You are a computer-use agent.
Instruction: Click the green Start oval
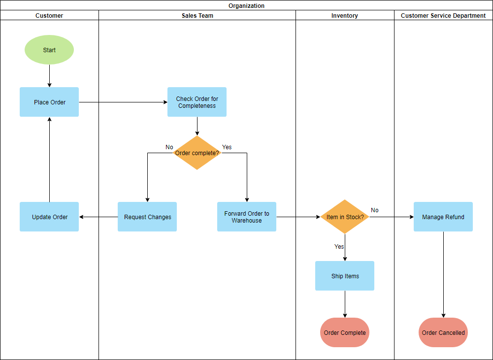point(49,50)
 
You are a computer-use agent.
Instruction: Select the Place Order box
point(49,102)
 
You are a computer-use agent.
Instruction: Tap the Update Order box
point(49,217)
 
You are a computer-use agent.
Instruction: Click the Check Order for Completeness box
point(197,102)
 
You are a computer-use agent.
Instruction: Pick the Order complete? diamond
point(197,153)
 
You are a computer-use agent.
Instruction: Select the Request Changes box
point(147,217)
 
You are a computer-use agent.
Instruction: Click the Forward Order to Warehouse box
point(247,217)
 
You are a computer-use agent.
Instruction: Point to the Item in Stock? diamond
point(345,217)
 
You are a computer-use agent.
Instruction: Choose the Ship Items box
point(345,276)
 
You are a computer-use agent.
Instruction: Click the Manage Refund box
point(443,217)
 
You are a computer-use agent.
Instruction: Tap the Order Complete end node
point(345,332)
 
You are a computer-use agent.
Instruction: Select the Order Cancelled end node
point(443,332)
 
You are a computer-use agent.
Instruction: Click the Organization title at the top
point(246,6)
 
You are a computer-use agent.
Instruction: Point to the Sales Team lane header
point(197,16)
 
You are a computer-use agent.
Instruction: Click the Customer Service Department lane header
point(443,16)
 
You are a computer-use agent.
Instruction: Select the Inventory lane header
point(345,16)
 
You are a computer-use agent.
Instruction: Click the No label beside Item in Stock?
point(375,210)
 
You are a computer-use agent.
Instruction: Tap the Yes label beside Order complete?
point(227,147)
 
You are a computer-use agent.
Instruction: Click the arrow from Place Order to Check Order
point(123,102)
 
